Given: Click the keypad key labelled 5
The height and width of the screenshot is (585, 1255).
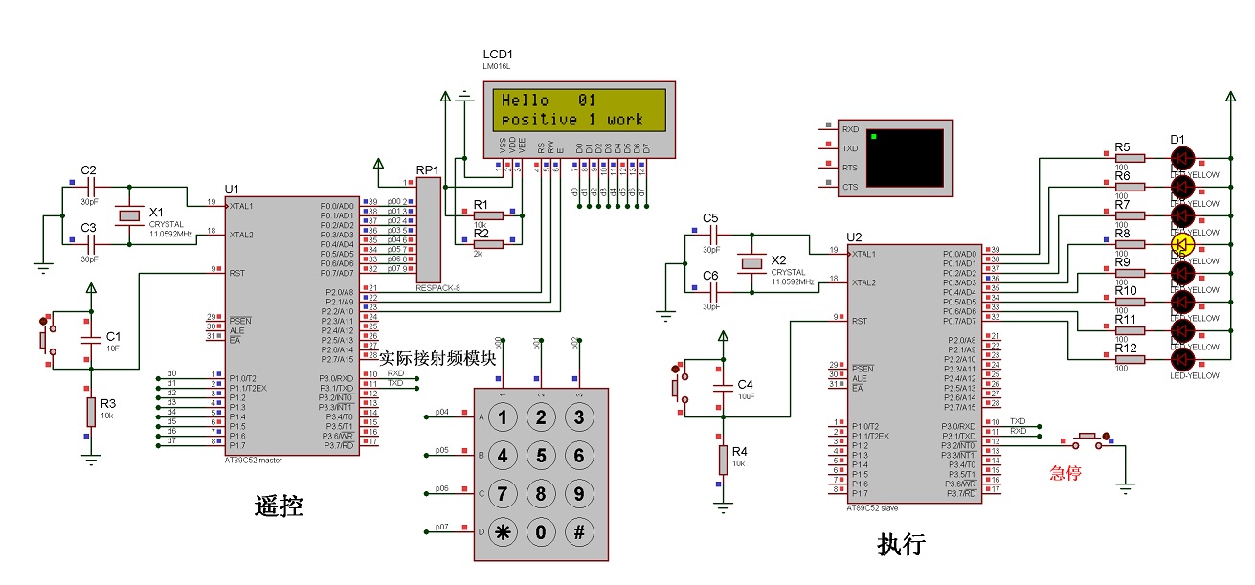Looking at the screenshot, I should (541, 455).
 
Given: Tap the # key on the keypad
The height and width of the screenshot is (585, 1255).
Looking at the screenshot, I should (578, 531).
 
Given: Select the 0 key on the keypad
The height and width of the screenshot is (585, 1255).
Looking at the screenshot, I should (541, 531).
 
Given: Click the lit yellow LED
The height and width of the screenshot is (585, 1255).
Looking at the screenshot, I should (1182, 244).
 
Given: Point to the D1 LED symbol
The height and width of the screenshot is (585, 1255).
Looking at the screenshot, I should (1182, 158).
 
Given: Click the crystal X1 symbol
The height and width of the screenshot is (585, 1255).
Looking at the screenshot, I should (128, 215).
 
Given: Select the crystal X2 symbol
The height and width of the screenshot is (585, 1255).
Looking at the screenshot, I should (751, 263).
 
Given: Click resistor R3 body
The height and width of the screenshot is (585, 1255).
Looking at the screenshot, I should (91, 413).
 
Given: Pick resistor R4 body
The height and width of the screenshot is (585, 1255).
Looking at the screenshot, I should (723, 461).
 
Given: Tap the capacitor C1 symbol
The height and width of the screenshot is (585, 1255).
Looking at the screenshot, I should (91, 340).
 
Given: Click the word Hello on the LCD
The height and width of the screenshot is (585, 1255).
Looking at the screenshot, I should (526, 101).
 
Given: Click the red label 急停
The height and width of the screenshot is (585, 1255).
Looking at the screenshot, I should (1065, 472).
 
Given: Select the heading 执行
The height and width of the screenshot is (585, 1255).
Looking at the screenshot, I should (901, 544).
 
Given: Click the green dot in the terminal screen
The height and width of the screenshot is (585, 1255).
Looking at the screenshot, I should (875, 138).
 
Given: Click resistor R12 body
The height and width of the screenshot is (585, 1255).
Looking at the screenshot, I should (1130, 359).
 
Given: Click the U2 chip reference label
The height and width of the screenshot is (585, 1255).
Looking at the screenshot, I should (855, 236).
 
